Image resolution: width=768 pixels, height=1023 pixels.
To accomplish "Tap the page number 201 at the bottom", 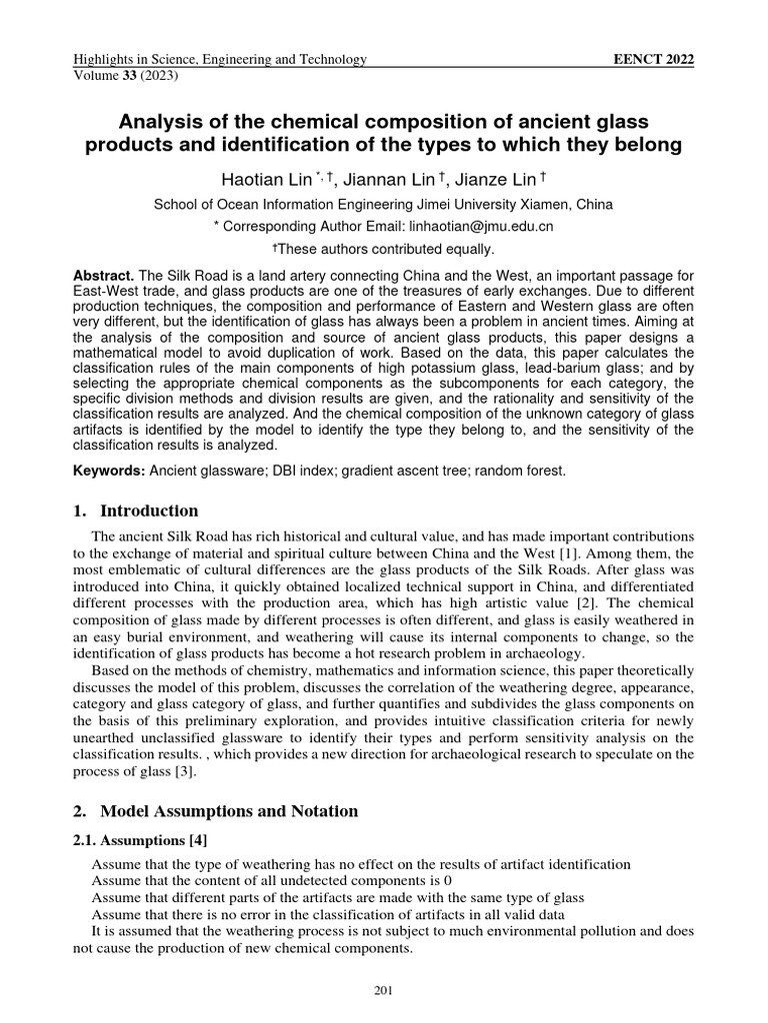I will click(x=384, y=990).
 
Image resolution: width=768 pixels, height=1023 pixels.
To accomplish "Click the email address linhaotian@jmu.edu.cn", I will click(x=484, y=226).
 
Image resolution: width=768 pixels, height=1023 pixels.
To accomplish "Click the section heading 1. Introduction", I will click(x=136, y=511).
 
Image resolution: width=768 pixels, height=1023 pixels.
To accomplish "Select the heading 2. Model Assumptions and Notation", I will click(x=215, y=810).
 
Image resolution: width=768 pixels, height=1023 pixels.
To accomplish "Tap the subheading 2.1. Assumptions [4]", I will click(x=140, y=839).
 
